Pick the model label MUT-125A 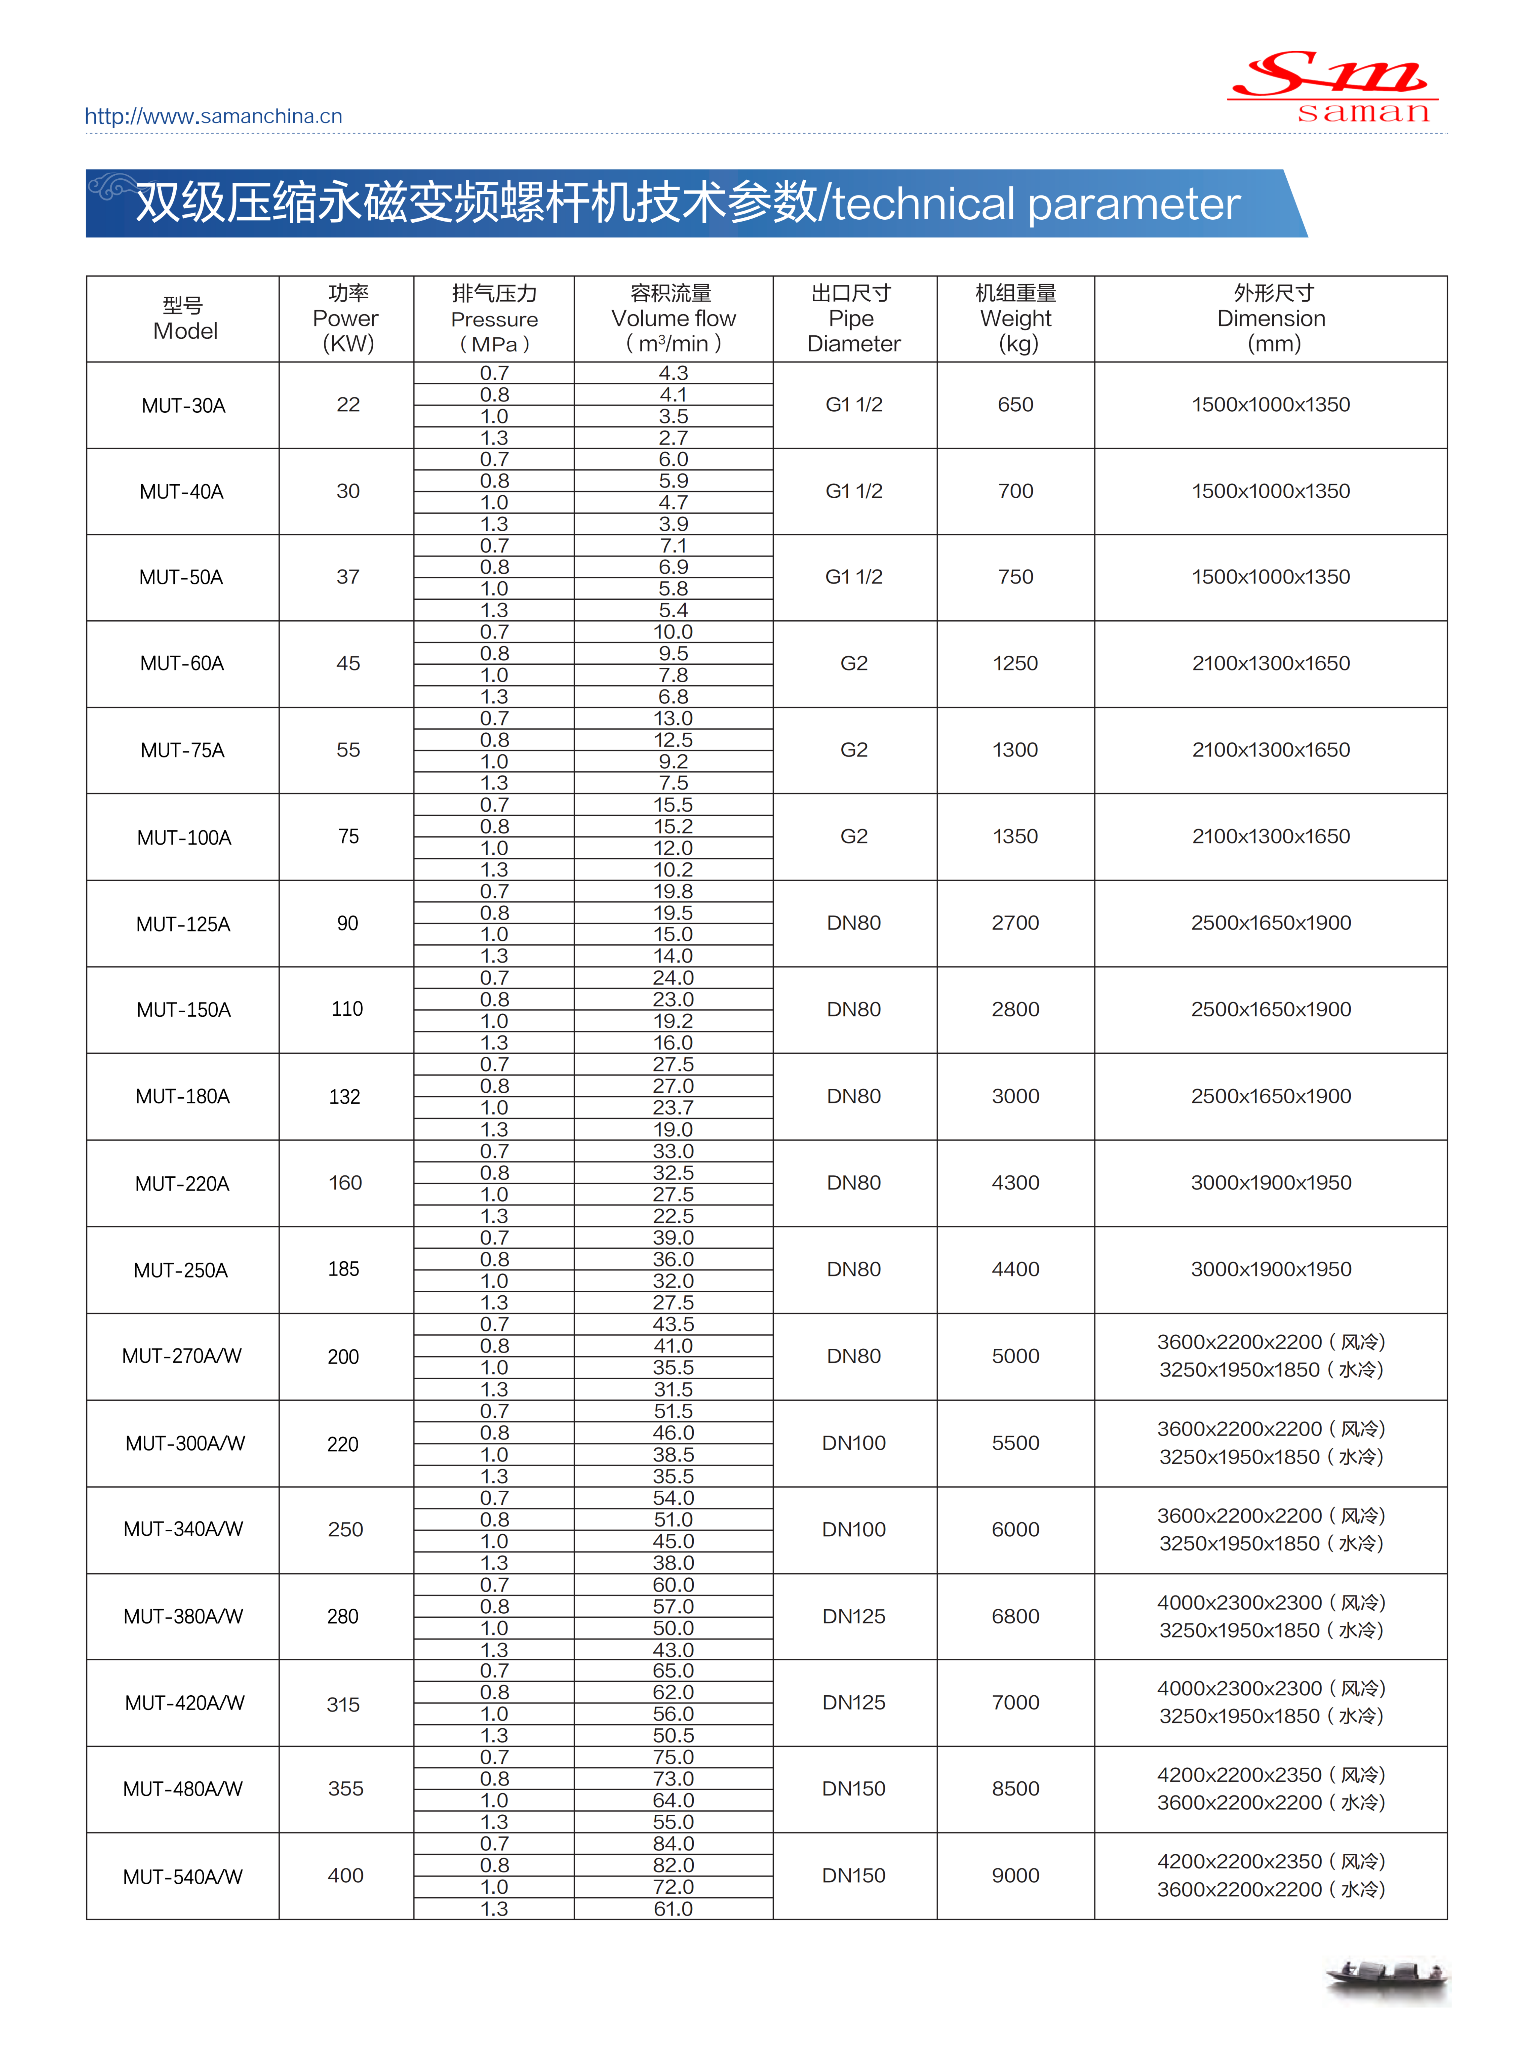point(183,924)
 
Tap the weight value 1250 point(1015,663)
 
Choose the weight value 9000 point(1015,1875)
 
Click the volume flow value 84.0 point(673,1844)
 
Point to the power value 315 point(344,1704)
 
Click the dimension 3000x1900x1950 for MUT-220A point(1270,1182)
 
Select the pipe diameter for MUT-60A point(853,663)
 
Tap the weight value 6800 point(1015,1616)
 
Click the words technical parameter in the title point(1035,204)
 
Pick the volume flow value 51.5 point(673,1411)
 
